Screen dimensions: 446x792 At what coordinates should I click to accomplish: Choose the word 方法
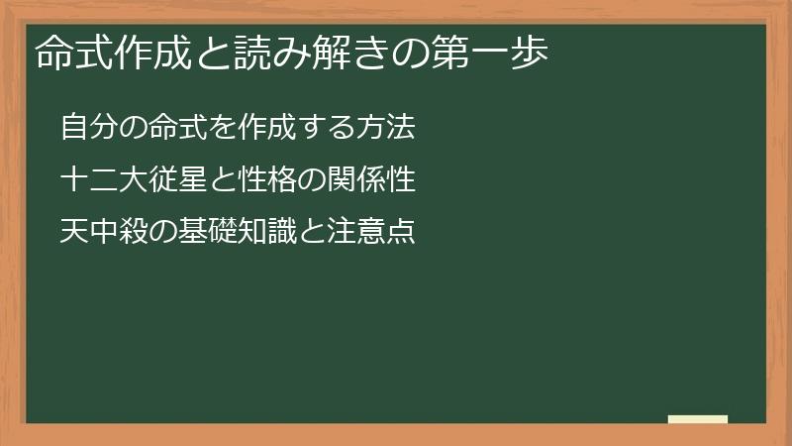pos(388,129)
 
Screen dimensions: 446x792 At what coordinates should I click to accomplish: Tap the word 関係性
pos(362,181)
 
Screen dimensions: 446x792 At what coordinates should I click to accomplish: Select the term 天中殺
pos(97,233)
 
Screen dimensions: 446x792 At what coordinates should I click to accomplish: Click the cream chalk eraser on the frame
pos(698,419)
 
